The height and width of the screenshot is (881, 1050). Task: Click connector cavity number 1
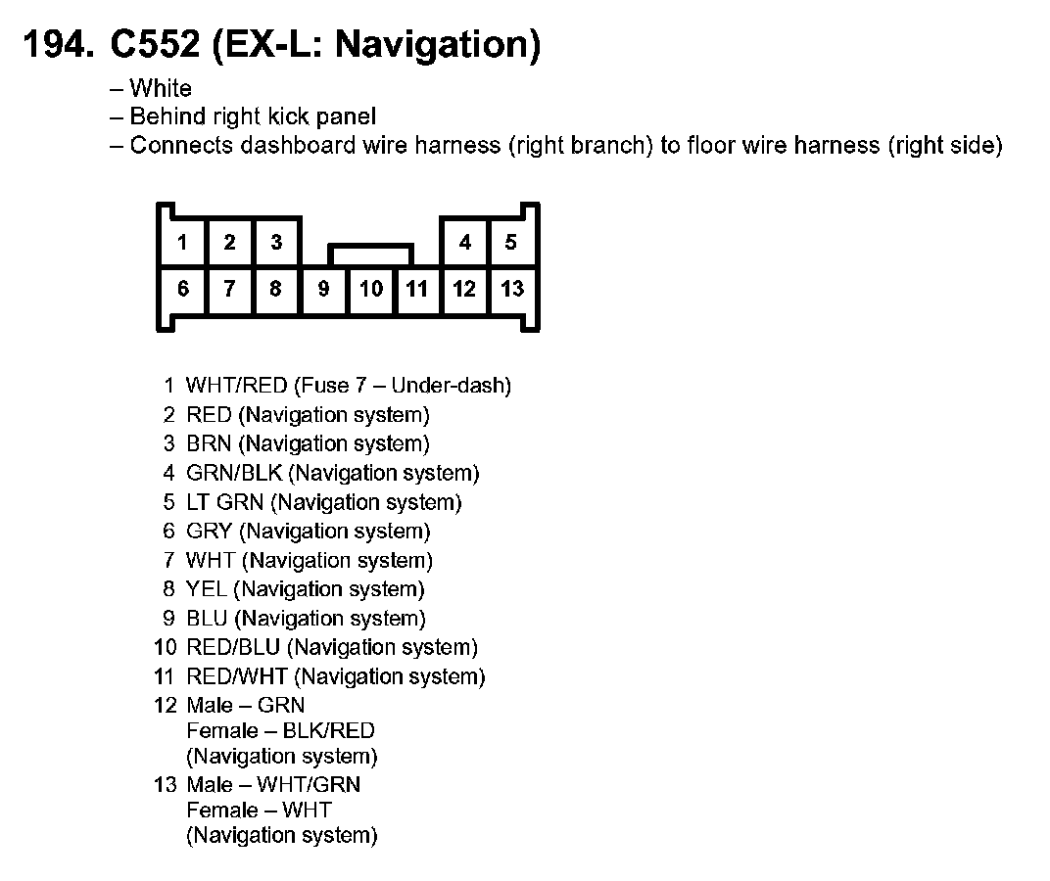182,242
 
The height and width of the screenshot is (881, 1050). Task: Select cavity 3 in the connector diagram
277,242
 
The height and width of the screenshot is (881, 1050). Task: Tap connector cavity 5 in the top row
511,242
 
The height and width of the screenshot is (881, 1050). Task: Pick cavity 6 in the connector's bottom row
182,289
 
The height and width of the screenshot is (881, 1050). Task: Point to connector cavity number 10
371,289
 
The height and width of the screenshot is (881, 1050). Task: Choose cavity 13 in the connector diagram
512,289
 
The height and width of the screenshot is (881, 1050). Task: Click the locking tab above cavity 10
371,254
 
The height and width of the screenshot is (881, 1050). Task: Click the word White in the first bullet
161,89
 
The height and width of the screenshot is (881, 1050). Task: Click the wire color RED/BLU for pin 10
233,647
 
